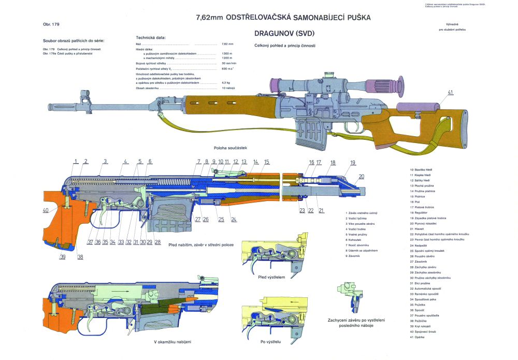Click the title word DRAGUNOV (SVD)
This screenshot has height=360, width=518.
point(284,34)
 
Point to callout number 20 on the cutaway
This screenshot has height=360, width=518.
point(361,177)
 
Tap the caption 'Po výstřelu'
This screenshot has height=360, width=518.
point(270,342)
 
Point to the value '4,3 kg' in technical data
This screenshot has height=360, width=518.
point(226,82)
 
